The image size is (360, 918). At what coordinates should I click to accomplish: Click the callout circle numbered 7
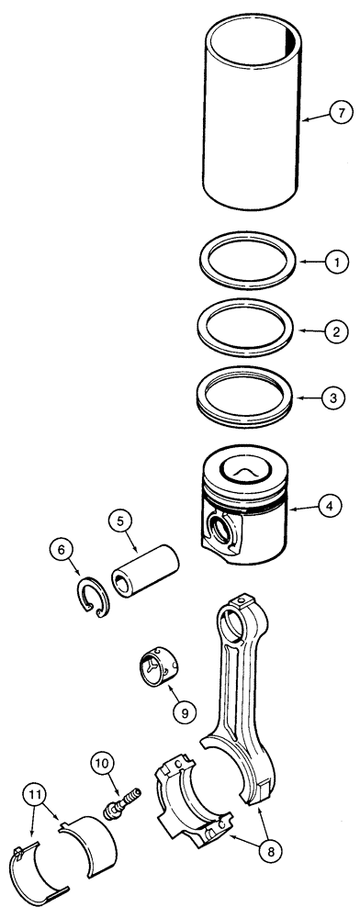point(340,114)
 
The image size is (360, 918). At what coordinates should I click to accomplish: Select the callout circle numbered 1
point(337,262)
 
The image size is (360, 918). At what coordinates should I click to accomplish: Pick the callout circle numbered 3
point(337,399)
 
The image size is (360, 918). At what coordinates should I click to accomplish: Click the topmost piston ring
point(247,262)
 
